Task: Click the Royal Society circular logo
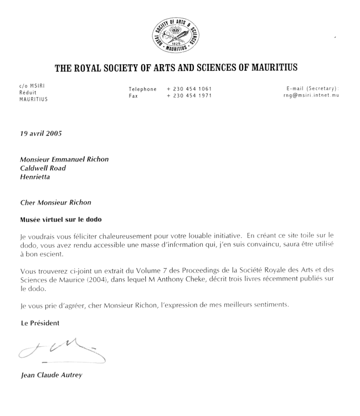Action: pos(176,32)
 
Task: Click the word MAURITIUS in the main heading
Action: pos(267,68)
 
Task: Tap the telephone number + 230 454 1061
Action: pos(189,89)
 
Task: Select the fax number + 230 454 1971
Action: pos(189,96)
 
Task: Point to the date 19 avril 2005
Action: pos(41,133)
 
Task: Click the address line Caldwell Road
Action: pos(43,168)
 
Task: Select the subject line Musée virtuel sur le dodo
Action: pos(61,219)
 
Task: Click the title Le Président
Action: pos(40,323)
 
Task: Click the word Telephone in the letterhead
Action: pos(142,89)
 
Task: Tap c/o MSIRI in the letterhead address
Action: pos(32,86)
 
